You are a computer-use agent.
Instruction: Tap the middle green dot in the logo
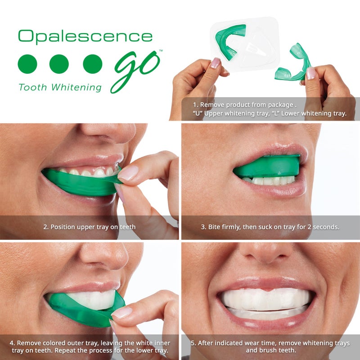click(59, 64)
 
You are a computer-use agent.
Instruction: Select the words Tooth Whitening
click(60, 87)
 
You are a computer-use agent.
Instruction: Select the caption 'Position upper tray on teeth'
click(89, 227)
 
